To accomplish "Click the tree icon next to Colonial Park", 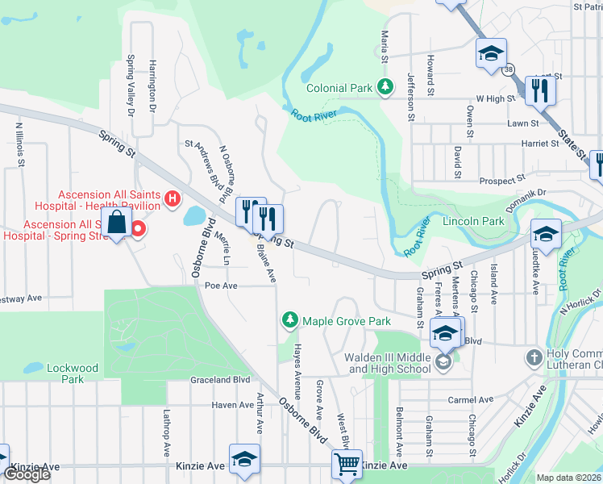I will [x=386, y=86].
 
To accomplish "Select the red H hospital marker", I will [x=172, y=198].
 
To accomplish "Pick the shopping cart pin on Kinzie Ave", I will [x=347, y=464].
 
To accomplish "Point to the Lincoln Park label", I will [x=473, y=221].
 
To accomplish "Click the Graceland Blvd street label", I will [x=220, y=380].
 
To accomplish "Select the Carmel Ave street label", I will [x=471, y=399].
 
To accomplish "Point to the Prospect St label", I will [x=502, y=177].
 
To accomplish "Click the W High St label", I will [x=495, y=98].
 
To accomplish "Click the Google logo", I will [x=27, y=475].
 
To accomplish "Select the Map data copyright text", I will [x=568, y=478].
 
